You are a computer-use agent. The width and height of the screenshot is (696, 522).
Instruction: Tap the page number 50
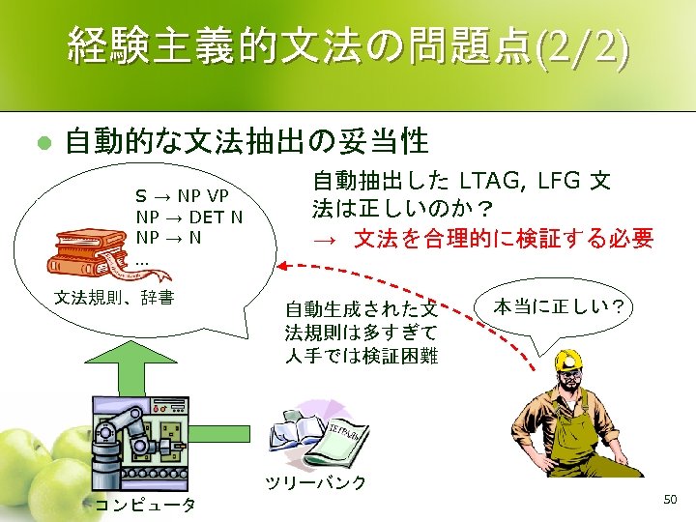671,498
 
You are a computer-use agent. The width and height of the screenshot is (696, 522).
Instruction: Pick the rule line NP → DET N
189,217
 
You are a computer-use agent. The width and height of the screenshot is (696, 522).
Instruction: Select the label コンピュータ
144,504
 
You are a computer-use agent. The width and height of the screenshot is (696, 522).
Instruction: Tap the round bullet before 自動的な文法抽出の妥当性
42,142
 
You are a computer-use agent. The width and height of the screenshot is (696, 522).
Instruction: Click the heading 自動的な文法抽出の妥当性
246,142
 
